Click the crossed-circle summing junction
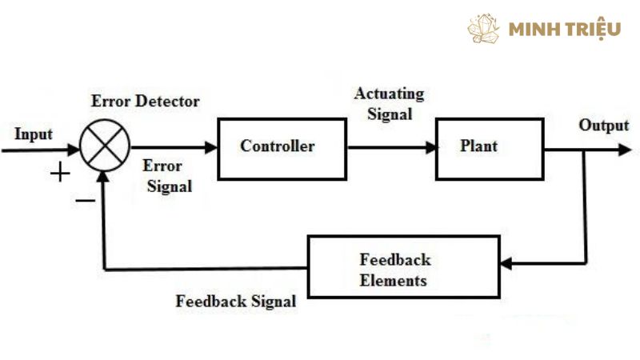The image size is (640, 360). click(105, 146)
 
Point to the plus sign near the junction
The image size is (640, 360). click(60, 171)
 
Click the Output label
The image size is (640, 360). click(604, 126)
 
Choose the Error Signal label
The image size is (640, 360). click(167, 177)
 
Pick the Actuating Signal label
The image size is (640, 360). click(390, 103)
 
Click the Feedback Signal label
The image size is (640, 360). click(236, 302)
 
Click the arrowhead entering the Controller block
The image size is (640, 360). click(212, 147)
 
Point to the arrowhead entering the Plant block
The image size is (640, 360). click(431, 147)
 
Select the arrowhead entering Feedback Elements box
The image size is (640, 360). click(506, 264)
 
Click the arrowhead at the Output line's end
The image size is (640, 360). click(623, 148)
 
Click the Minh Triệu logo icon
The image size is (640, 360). click(484, 28)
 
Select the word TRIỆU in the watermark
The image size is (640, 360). click(593, 30)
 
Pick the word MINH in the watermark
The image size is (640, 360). click(535, 30)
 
